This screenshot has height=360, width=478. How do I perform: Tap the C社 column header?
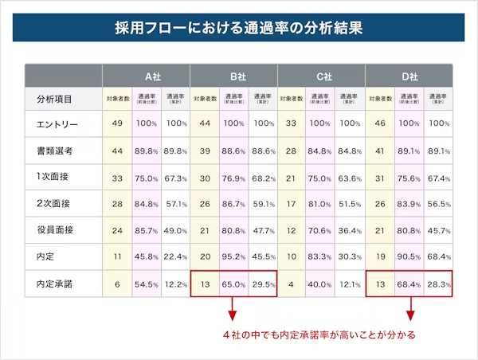321,76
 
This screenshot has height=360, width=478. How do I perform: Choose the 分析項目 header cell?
55,100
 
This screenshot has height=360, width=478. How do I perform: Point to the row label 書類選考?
57,151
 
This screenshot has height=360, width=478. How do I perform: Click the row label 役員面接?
57,229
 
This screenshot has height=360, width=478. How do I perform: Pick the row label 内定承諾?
57,283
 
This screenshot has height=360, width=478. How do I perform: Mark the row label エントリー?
57,125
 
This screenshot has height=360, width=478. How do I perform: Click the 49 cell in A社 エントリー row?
117,125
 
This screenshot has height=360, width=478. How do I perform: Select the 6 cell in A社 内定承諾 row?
117,283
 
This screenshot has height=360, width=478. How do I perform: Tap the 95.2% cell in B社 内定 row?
233,256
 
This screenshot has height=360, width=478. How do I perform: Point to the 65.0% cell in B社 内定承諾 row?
233,283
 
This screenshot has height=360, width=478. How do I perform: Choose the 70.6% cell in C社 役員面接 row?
321,229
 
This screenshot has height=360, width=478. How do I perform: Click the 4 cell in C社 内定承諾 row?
292,283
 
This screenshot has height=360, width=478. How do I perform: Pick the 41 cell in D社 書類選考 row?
379,151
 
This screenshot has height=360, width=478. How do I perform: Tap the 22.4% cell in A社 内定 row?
175,256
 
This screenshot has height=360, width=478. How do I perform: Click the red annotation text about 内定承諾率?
327,335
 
